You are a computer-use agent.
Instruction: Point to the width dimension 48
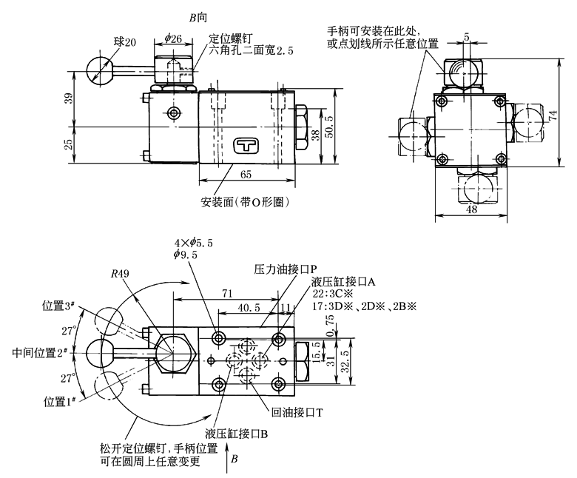(x=470, y=210)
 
